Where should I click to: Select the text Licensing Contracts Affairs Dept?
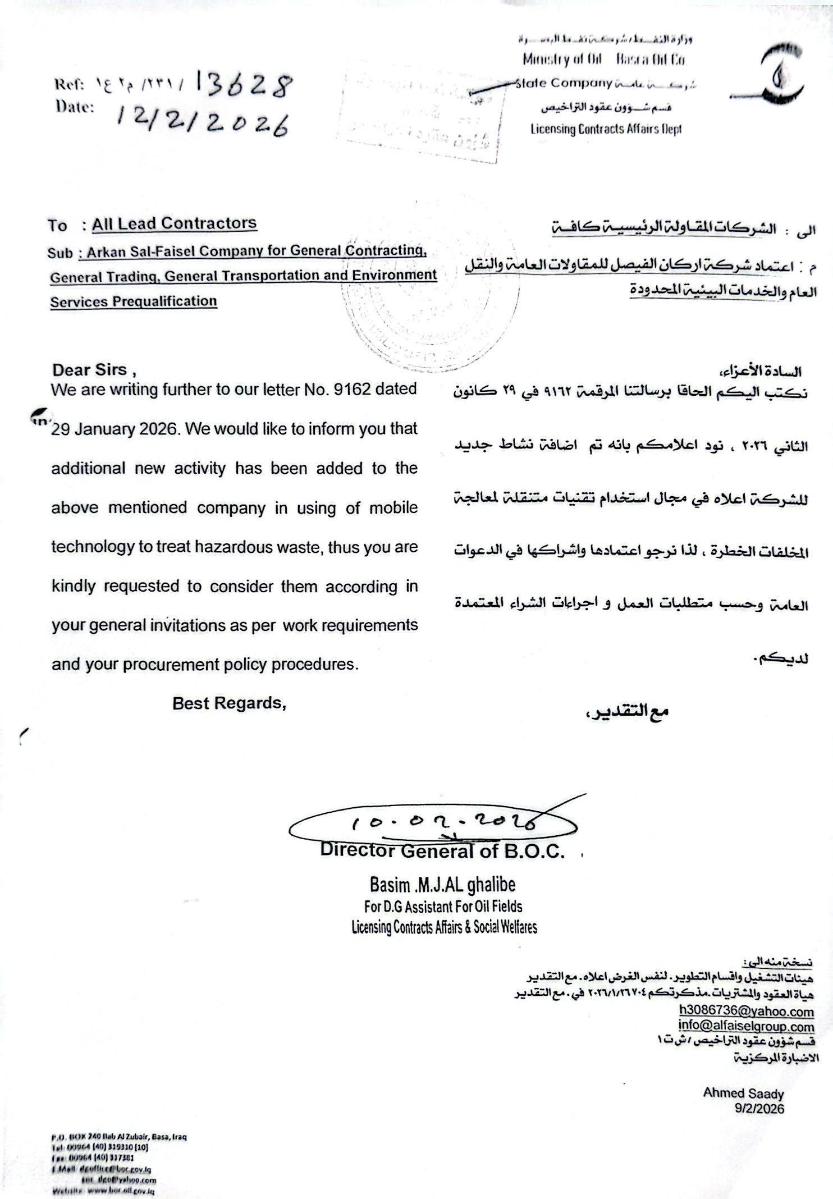tap(606, 129)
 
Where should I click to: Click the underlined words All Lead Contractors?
tap(174, 224)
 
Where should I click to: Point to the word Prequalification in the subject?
tap(164, 301)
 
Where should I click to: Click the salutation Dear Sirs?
tap(90, 369)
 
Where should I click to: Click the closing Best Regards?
tap(229, 703)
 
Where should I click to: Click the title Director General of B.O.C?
tap(442, 851)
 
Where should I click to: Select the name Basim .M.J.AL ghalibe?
tap(442, 885)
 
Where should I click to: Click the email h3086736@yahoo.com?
tap(746, 1011)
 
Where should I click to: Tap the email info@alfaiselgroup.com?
tap(746, 1026)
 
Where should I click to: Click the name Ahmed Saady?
tap(743, 1093)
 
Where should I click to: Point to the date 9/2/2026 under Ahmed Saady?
tap(759, 1108)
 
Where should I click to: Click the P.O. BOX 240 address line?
tap(118, 1137)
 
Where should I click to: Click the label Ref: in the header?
tap(69, 84)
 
